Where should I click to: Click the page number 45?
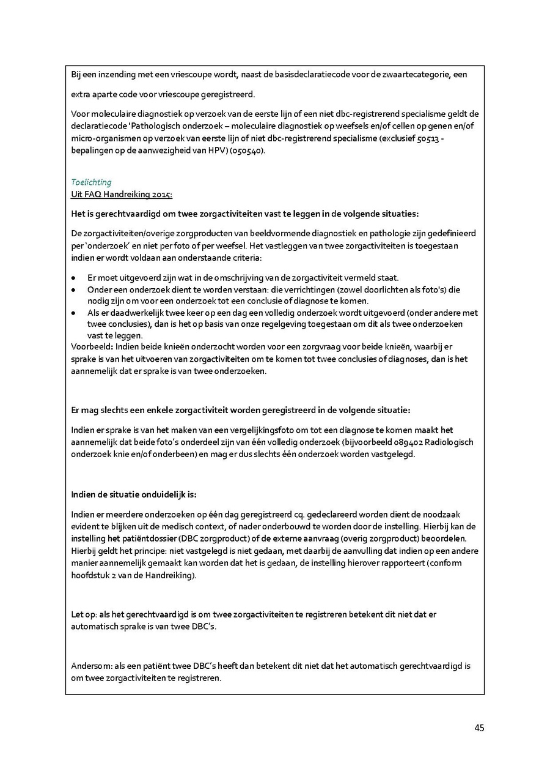pos(479,728)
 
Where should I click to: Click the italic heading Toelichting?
pos(91,182)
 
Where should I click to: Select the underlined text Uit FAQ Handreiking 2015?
pos(122,194)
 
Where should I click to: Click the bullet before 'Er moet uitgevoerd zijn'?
pos(74,278)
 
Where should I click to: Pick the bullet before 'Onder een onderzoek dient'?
pos(74,289)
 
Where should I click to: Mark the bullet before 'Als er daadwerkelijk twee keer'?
pos(74,313)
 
